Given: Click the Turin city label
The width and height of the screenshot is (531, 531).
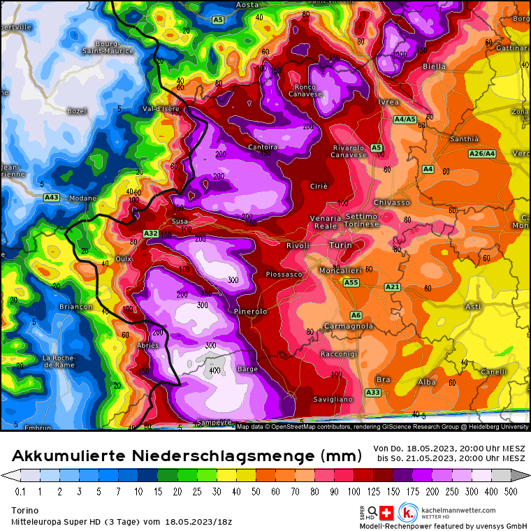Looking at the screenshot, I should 340,246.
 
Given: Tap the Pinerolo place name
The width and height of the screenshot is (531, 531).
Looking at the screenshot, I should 250,311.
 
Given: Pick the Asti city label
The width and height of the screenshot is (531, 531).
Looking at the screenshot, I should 473,307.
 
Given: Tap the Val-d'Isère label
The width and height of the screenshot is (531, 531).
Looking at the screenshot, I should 161,109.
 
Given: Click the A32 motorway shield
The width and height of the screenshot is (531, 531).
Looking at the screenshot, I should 150,233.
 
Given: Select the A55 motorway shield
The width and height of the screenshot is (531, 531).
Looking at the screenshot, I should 351,282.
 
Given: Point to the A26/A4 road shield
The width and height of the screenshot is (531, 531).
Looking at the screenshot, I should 482,154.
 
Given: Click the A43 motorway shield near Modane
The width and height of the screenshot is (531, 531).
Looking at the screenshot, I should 51,198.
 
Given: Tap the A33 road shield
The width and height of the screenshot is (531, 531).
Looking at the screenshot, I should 373,393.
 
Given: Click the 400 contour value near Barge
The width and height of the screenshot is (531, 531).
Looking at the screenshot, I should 214,370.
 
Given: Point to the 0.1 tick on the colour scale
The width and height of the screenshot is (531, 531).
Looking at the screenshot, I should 20,491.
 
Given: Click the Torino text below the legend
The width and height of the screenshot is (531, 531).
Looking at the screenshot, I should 24,510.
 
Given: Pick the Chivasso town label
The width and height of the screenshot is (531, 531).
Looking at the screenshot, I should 392,203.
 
